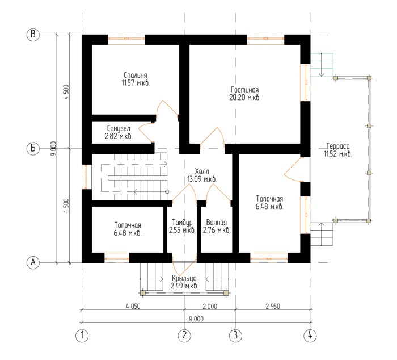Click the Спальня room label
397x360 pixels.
click(136, 79)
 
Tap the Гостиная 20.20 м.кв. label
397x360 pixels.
click(245, 94)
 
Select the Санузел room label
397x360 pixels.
click(119, 132)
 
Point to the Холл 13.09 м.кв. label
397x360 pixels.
click(202, 175)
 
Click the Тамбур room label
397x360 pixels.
click(182, 226)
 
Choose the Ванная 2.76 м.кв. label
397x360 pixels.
click(217, 226)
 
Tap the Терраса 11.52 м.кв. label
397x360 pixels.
click(338, 150)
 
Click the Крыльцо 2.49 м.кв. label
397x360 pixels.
click(184, 282)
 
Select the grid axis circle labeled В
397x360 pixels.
click(33, 34)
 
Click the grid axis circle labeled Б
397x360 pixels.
click(33, 148)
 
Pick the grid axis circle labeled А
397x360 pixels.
click(33, 262)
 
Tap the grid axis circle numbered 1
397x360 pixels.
click(82, 336)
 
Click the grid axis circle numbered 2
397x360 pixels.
click(184, 336)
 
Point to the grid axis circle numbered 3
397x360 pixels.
click(236, 336)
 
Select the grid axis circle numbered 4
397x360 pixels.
click(310, 336)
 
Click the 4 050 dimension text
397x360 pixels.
click(133, 306)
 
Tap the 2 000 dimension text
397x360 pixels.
click(210, 306)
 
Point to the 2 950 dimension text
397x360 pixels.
click(273, 306)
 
